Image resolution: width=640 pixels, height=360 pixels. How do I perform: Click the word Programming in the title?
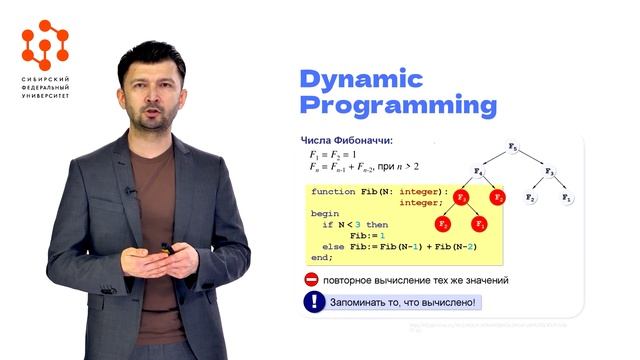(399, 105)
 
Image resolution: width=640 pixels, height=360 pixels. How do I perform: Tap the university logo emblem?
(46, 43)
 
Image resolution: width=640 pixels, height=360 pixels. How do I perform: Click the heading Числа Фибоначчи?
(347, 140)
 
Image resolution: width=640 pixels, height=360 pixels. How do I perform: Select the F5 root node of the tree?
(513, 148)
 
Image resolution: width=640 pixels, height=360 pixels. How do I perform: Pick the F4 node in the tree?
(478, 173)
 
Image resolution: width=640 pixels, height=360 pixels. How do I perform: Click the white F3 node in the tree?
(550, 173)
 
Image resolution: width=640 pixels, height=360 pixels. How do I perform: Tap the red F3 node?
(462, 197)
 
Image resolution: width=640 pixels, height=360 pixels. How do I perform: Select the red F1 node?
(479, 223)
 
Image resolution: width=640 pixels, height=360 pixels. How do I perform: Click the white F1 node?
(567, 198)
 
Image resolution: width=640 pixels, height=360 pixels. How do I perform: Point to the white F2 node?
(531, 198)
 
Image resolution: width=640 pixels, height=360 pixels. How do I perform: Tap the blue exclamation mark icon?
(314, 302)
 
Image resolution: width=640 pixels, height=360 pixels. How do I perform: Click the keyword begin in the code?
(325, 213)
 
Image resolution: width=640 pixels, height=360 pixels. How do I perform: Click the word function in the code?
(332, 191)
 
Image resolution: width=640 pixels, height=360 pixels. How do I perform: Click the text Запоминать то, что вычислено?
(405, 302)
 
